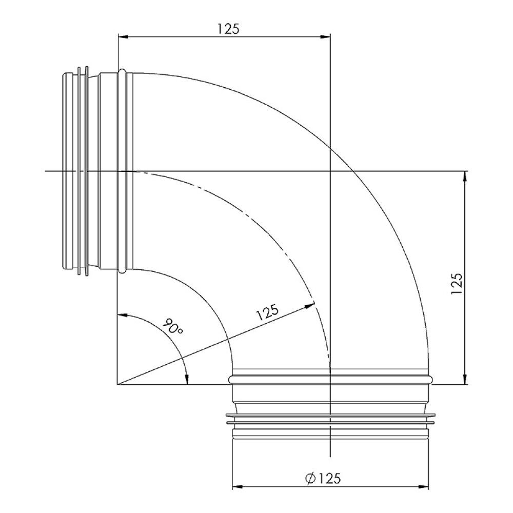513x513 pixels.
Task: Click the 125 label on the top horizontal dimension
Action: pos(228,29)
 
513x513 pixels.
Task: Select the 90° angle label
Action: pos(173,328)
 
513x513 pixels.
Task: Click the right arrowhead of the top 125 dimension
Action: pos(327,36)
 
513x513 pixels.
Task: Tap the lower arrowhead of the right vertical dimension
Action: pos(465,379)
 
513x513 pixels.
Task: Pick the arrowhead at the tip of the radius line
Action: pos(310,306)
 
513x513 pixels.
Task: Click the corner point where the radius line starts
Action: pos(118,384)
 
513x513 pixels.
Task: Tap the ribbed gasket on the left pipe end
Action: pos(82,172)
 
